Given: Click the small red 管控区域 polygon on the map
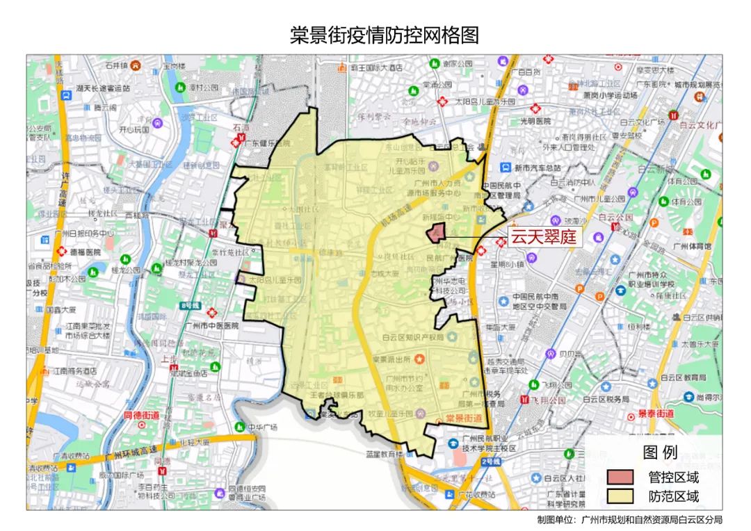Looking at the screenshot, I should tap(436, 233).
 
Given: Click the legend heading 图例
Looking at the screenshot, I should tap(660, 452).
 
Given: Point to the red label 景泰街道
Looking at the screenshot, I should tap(655, 414).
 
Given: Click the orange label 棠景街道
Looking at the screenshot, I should tap(464, 418).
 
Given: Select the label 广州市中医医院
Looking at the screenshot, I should tap(216, 325).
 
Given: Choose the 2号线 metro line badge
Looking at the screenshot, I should tap(492, 461).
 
